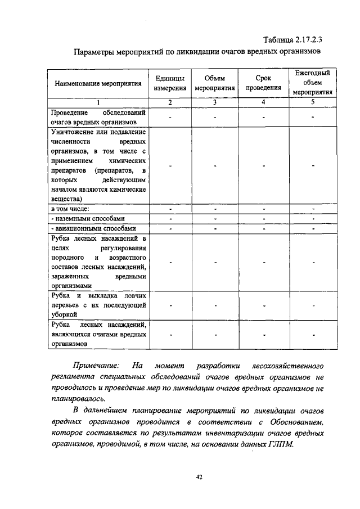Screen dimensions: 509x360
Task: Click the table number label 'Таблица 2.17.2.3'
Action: coord(296,39)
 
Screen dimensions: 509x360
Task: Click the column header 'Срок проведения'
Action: coord(263,83)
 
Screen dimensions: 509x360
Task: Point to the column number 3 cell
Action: coord(215,102)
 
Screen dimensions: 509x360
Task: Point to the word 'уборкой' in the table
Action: coord(62,316)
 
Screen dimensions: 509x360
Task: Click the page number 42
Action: coord(199,478)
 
